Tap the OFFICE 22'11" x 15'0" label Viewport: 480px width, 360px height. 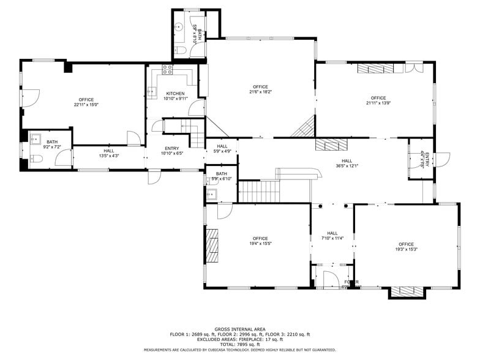tap(86, 102)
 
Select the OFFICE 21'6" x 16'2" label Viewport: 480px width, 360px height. tap(260, 89)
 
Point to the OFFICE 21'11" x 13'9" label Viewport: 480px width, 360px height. tap(378, 100)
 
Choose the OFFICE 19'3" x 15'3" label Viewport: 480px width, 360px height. tap(407, 247)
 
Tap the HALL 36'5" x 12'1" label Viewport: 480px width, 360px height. tap(347, 163)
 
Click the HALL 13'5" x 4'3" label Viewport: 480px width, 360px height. tap(108, 153)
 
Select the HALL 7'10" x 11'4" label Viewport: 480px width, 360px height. tap(332, 236)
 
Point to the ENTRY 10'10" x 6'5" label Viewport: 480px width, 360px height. tap(171, 151)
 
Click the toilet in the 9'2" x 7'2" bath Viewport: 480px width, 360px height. tap(35, 159)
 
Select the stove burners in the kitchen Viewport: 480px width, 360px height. tap(167, 69)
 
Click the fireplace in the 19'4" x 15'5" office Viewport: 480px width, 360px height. tap(212, 246)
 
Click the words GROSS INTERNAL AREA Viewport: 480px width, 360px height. tap(239, 329)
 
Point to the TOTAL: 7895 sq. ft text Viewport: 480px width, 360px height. tap(239, 344)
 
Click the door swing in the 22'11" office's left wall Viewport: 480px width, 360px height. tap(31, 97)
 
